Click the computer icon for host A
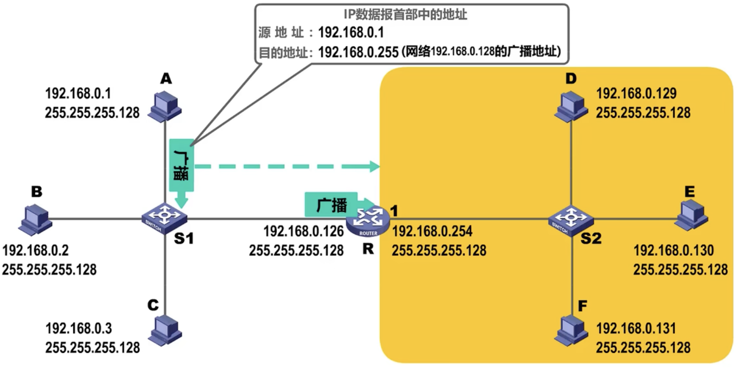pyautogui.click(x=164, y=106)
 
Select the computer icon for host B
pyautogui.click(x=35, y=220)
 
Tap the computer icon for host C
pyautogui.click(x=165, y=330)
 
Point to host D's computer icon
pyautogui.click(x=571, y=106)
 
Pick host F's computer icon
pyautogui.click(x=571, y=330)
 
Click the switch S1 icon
pyautogui.click(x=164, y=218)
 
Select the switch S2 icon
pyautogui.click(x=571, y=220)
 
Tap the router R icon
pyautogui.click(x=368, y=221)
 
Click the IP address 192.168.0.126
pyautogui.click(x=304, y=231)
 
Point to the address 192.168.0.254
pyautogui.click(x=432, y=231)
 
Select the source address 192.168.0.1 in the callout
pyautogui.click(x=351, y=32)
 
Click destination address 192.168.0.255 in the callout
pyautogui.click(x=358, y=52)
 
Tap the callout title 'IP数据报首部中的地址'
pyautogui.click(x=405, y=14)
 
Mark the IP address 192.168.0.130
pyautogui.click(x=674, y=250)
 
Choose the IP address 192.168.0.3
pyautogui.click(x=79, y=329)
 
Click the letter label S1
pyautogui.click(x=184, y=238)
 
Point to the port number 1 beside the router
pyautogui.click(x=394, y=210)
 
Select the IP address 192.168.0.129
pyautogui.click(x=636, y=93)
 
